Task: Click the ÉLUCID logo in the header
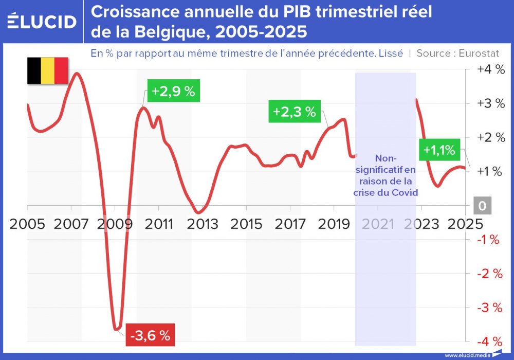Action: [42, 21]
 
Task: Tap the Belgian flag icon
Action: [48, 70]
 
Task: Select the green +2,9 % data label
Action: [173, 92]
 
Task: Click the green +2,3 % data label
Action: [295, 112]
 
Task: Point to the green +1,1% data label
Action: [439, 150]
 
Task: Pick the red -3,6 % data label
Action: [150, 336]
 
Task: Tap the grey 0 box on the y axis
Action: [482, 206]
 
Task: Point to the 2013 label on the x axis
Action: [203, 224]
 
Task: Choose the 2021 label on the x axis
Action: [378, 224]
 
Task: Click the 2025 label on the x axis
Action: [465, 224]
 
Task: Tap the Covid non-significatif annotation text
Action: [385, 175]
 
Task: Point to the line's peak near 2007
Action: [77, 74]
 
